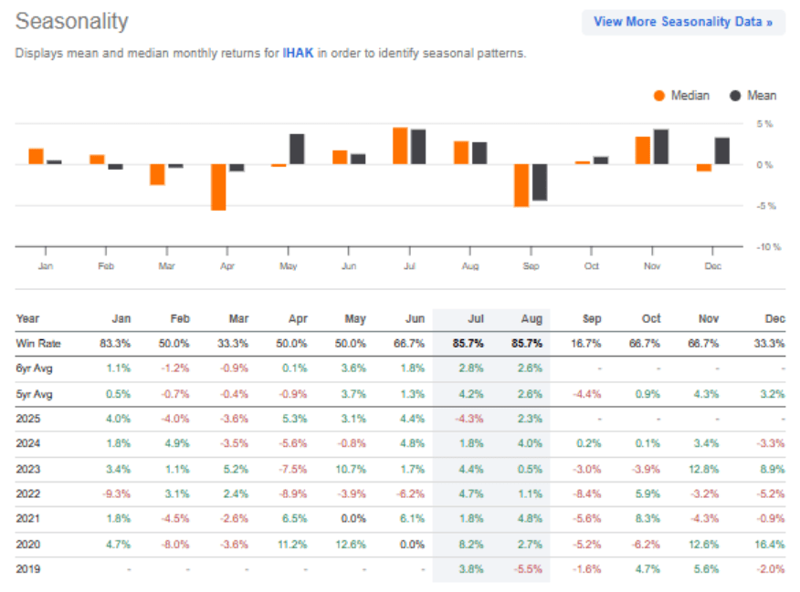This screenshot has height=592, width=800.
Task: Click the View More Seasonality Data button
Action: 682,22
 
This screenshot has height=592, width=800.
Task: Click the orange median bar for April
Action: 218,187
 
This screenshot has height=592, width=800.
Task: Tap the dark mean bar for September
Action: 540,182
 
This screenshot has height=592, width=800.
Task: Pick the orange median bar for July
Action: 400,146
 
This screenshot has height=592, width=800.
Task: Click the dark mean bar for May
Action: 297,149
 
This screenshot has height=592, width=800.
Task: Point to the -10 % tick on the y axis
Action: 767,247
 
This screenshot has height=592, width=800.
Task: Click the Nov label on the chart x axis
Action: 652,265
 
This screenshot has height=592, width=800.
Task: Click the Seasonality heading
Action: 72,21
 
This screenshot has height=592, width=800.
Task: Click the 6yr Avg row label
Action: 35,369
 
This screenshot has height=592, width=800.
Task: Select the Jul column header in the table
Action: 475,319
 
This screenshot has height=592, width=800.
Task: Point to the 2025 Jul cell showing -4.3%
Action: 469,419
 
